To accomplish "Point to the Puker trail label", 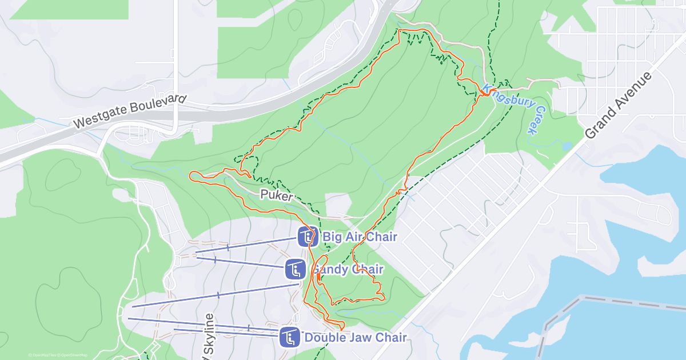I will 277,195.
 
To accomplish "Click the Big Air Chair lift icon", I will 308,237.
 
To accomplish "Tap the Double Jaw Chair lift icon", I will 290,337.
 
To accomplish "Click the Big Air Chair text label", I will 360,237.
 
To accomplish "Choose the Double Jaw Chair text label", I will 356,337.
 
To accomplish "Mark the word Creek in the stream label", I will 535,122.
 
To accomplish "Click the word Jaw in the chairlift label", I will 354,337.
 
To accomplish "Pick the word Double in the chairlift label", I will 322,337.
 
